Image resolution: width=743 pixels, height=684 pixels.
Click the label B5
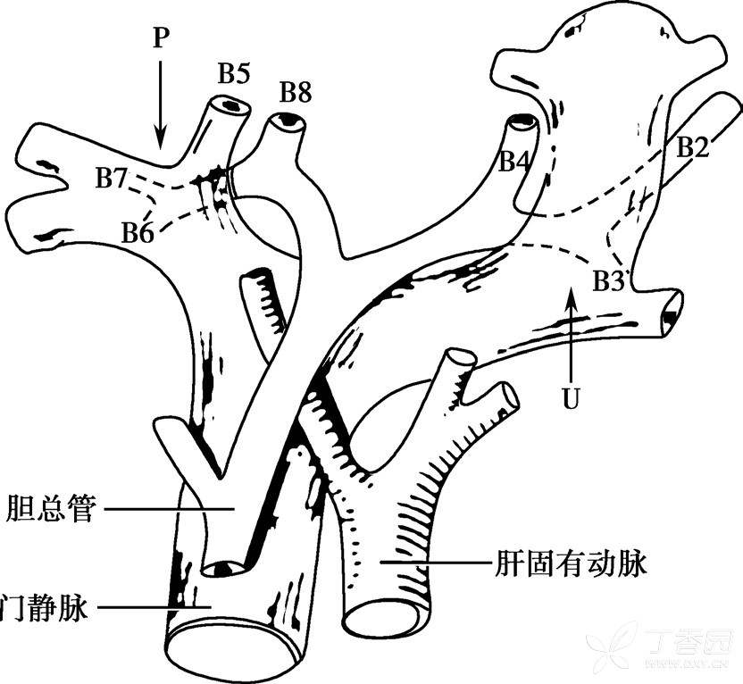click(233, 74)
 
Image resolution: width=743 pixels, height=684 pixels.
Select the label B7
click(112, 179)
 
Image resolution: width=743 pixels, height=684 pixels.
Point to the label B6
click(138, 234)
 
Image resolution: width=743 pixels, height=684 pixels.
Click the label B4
click(514, 162)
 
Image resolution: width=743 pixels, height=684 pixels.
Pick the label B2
click(692, 147)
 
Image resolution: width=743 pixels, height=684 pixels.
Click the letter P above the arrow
click(161, 38)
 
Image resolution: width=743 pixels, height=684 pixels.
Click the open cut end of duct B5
click(230, 105)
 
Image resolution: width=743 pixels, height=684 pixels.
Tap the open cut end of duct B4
click(520, 121)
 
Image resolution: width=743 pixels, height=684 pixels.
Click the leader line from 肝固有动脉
click(432, 563)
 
